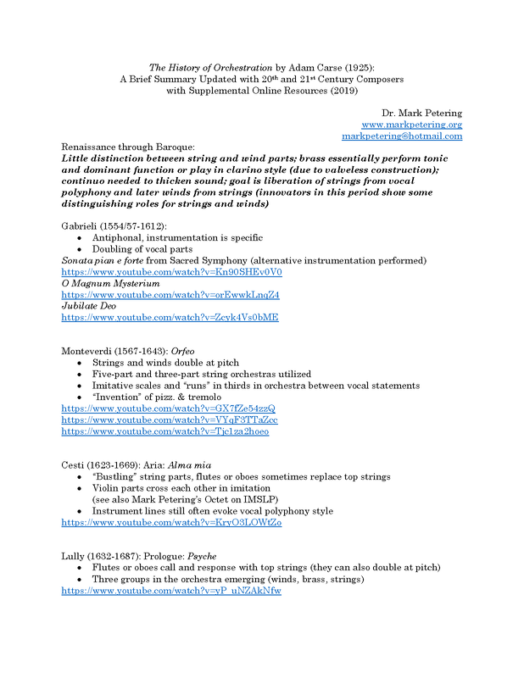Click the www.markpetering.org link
tap(411, 125)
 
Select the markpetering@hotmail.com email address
tap(401, 136)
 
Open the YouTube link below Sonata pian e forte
tap(171, 272)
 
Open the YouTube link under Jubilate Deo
tap(170, 317)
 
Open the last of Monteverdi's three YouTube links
tap(165, 431)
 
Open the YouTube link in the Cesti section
tap(171, 522)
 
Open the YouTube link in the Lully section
tap(171, 590)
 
